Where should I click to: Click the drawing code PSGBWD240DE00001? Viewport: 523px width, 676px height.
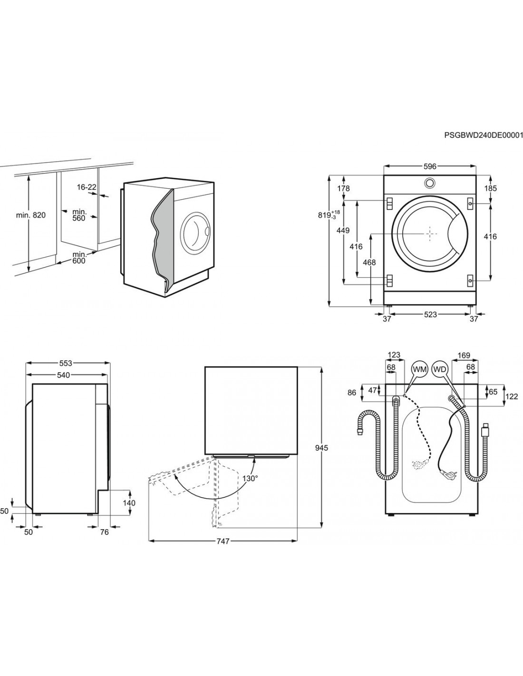point(483,135)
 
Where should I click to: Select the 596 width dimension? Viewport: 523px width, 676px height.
point(430,166)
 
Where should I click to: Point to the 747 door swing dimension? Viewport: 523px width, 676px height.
point(223,541)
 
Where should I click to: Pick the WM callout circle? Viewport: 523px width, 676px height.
point(420,369)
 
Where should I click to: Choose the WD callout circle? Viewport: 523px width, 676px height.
point(440,369)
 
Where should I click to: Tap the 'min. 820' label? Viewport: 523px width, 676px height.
point(30,215)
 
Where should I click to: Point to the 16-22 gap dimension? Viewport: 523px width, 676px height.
point(87,187)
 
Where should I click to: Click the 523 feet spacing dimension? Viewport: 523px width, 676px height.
point(430,314)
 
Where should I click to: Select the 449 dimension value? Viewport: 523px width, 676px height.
point(342,231)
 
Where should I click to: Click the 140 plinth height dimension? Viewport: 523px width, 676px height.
point(129,503)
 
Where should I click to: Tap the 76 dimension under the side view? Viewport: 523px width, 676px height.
point(105,532)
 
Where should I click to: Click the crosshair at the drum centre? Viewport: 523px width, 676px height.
point(430,233)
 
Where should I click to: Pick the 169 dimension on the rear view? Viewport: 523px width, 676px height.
point(464,355)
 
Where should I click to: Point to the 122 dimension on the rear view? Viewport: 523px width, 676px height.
point(511,397)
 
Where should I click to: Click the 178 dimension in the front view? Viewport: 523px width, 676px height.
point(343,189)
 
